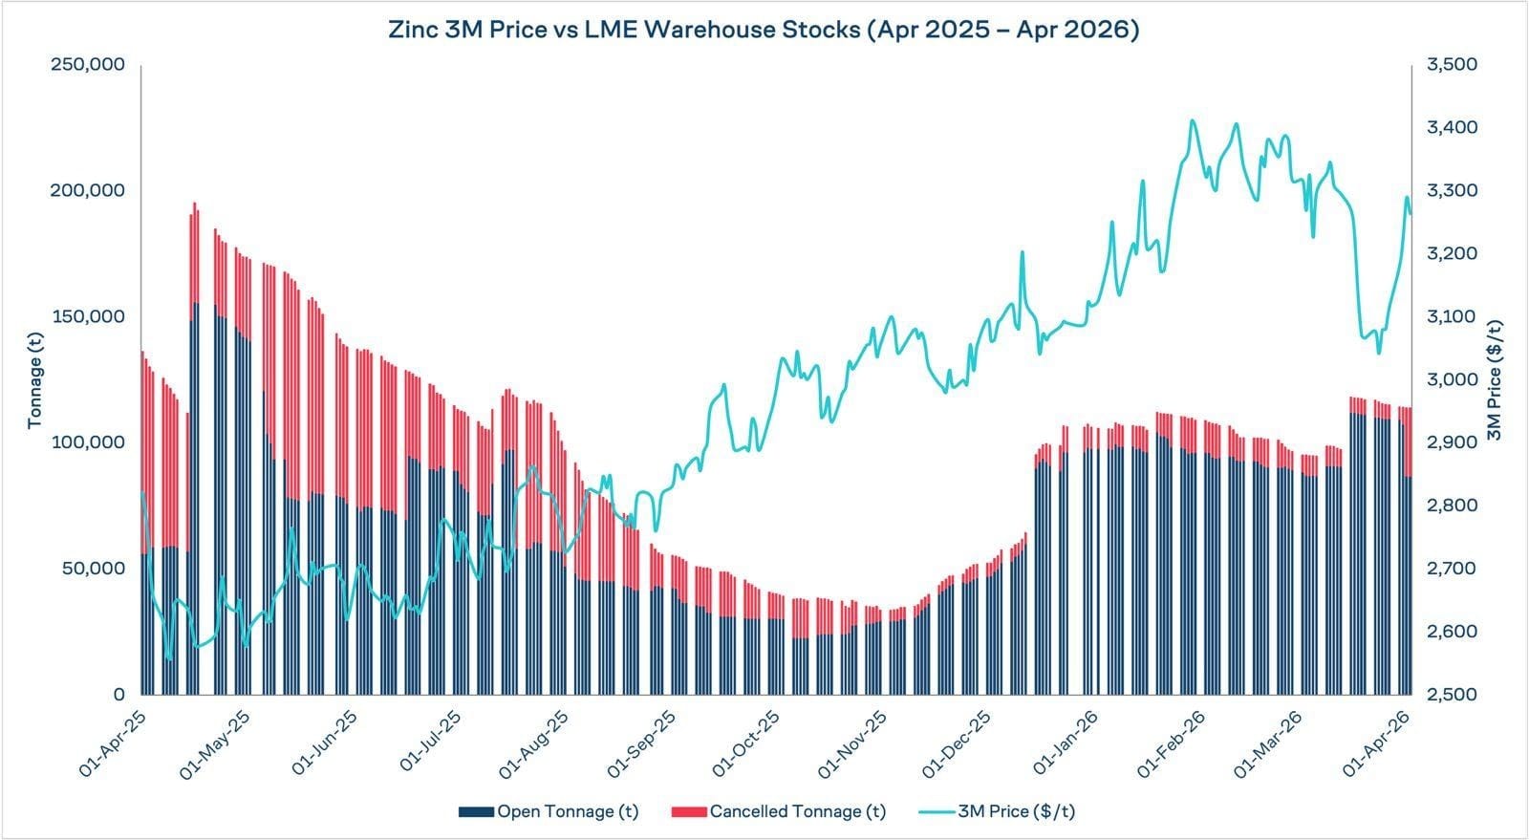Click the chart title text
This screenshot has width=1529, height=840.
pyautogui.click(x=764, y=30)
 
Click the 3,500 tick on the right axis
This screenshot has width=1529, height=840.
pyautogui.click(x=1452, y=65)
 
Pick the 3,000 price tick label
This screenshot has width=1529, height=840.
pyautogui.click(x=1452, y=379)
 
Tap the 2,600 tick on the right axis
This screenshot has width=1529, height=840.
pyautogui.click(x=1452, y=632)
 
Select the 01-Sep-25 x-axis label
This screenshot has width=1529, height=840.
pyautogui.click(x=644, y=740)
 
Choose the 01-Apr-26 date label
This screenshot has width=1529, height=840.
pyautogui.click(x=1378, y=740)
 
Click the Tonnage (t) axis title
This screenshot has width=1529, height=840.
pyautogui.click(x=35, y=380)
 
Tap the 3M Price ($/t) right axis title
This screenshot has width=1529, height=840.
pyautogui.click(x=1496, y=380)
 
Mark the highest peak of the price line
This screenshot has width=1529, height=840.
pyautogui.click(x=1192, y=121)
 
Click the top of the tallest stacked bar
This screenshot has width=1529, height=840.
pyautogui.click(x=195, y=204)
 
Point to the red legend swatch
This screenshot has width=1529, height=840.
pyautogui.click(x=688, y=812)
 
